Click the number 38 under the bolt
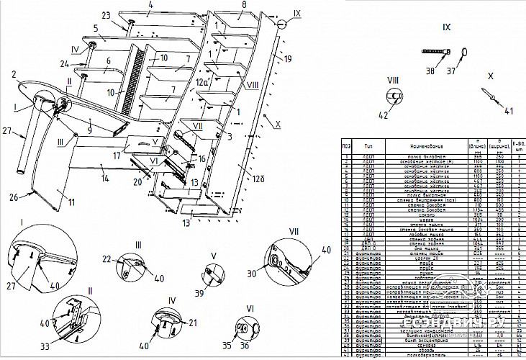[430, 72]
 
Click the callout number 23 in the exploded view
[106, 15]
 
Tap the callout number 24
[85, 63]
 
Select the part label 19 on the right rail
[288, 58]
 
